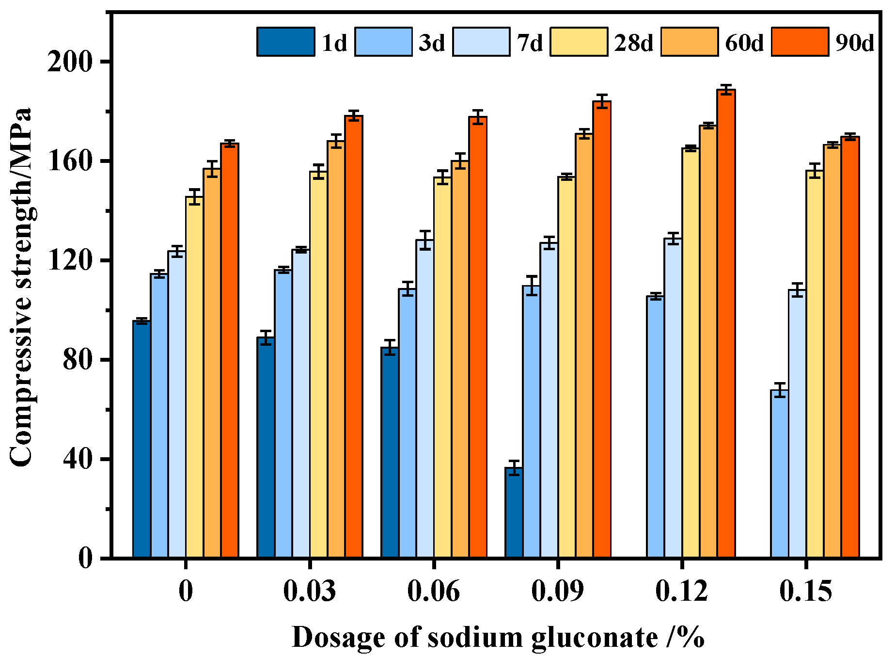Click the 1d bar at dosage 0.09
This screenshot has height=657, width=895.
click(514, 513)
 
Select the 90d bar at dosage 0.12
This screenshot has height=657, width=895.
click(726, 323)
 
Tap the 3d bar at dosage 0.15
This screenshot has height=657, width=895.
click(779, 474)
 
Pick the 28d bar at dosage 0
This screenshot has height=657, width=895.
click(194, 377)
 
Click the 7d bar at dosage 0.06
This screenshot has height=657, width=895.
click(425, 399)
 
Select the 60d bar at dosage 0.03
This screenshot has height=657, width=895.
click(336, 349)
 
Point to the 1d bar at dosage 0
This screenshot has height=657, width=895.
click(141, 439)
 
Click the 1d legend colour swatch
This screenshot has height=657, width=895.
click(285, 42)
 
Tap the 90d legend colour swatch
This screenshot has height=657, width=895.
click(800, 42)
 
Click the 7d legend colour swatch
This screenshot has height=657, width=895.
click(481, 42)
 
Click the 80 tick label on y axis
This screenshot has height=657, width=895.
click(77, 360)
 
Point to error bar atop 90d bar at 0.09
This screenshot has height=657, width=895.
click(602, 101)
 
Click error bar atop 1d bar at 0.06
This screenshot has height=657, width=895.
click(390, 348)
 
